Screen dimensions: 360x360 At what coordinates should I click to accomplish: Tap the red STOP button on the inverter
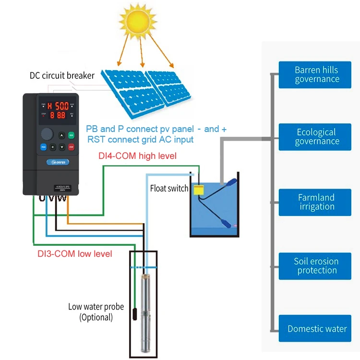[x=72, y=146]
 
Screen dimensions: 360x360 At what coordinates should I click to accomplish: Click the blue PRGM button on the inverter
[x=43, y=146]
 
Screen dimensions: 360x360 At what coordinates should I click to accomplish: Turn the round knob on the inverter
[x=47, y=134]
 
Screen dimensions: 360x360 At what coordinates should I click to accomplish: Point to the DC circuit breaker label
[x=62, y=75]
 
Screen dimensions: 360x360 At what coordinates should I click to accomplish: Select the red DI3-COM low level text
[x=75, y=253]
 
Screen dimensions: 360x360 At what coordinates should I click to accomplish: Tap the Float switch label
[x=169, y=189]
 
